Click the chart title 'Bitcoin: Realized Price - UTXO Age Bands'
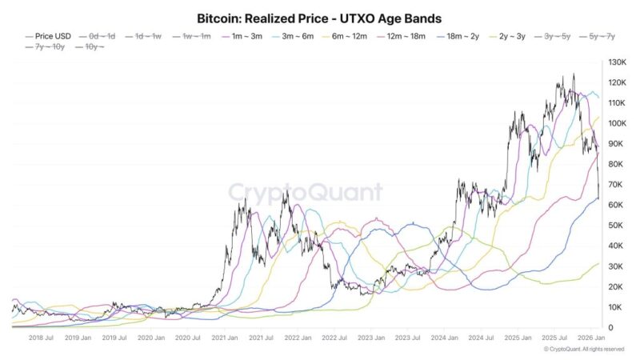coord(319,17)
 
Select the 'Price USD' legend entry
coord(50,36)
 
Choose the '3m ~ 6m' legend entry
coord(297,36)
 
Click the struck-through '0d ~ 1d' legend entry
coord(102,36)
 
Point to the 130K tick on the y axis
coord(616,62)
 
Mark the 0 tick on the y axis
coord(610,328)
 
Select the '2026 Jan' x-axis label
coord(588,339)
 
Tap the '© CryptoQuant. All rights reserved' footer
coord(583,350)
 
